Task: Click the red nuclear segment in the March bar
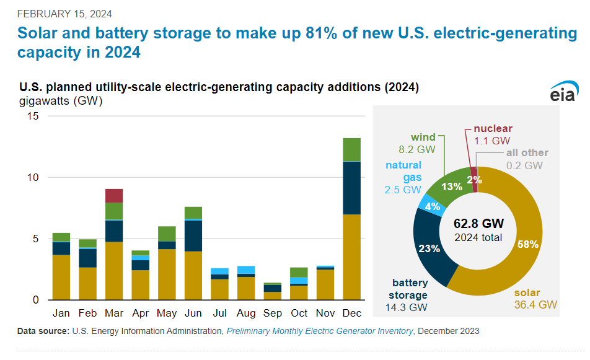pos(113,196)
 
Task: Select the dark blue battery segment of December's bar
pos(351,188)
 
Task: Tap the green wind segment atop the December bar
pos(351,149)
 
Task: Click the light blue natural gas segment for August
pos(246,270)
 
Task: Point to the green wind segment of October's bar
pos(299,272)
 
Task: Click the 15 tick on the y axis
pos(32,116)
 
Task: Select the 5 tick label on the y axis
pos(35,239)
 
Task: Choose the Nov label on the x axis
pos(325,312)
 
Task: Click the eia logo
pos(563,92)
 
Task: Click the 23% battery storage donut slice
pos(429,248)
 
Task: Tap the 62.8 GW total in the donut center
pos(478,223)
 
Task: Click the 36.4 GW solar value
pos(536,304)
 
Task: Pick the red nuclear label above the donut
pos(493,129)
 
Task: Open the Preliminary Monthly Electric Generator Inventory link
pos(319,331)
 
